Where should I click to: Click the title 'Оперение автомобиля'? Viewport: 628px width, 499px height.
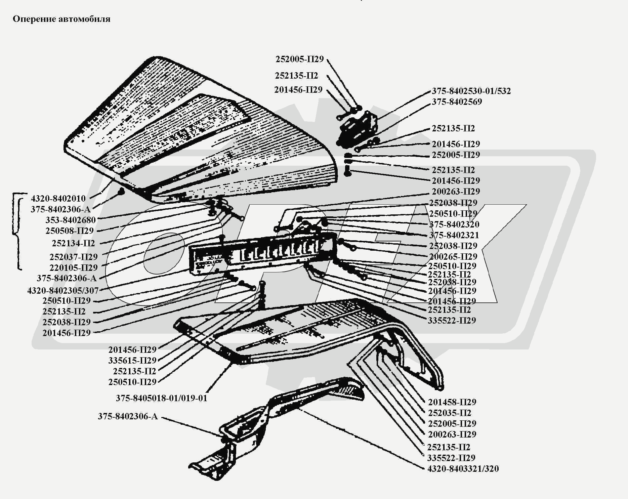click(x=61, y=19)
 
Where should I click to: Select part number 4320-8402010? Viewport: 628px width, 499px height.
click(x=58, y=198)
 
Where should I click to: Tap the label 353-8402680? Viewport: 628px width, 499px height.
click(x=71, y=220)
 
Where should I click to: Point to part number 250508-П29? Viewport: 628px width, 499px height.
click(x=70, y=231)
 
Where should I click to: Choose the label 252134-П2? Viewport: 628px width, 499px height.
click(x=73, y=243)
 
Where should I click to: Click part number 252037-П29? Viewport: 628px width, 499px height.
click(x=73, y=257)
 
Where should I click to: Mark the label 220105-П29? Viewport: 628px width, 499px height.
click(x=73, y=267)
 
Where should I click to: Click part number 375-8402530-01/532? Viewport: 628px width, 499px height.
click(x=471, y=91)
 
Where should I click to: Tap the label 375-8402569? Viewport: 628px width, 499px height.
click(x=457, y=102)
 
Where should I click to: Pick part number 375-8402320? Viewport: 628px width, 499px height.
click(x=454, y=224)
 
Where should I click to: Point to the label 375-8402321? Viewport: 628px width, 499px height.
click(x=454, y=235)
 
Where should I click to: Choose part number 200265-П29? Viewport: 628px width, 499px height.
click(x=453, y=256)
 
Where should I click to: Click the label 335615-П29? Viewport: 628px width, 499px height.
click(x=132, y=361)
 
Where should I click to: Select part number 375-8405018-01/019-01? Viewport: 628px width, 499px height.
click(x=162, y=398)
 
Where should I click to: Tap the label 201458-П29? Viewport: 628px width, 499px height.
click(x=452, y=402)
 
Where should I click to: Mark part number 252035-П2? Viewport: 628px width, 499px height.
click(x=450, y=413)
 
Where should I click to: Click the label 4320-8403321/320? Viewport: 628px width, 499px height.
click(x=463, y=468)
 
